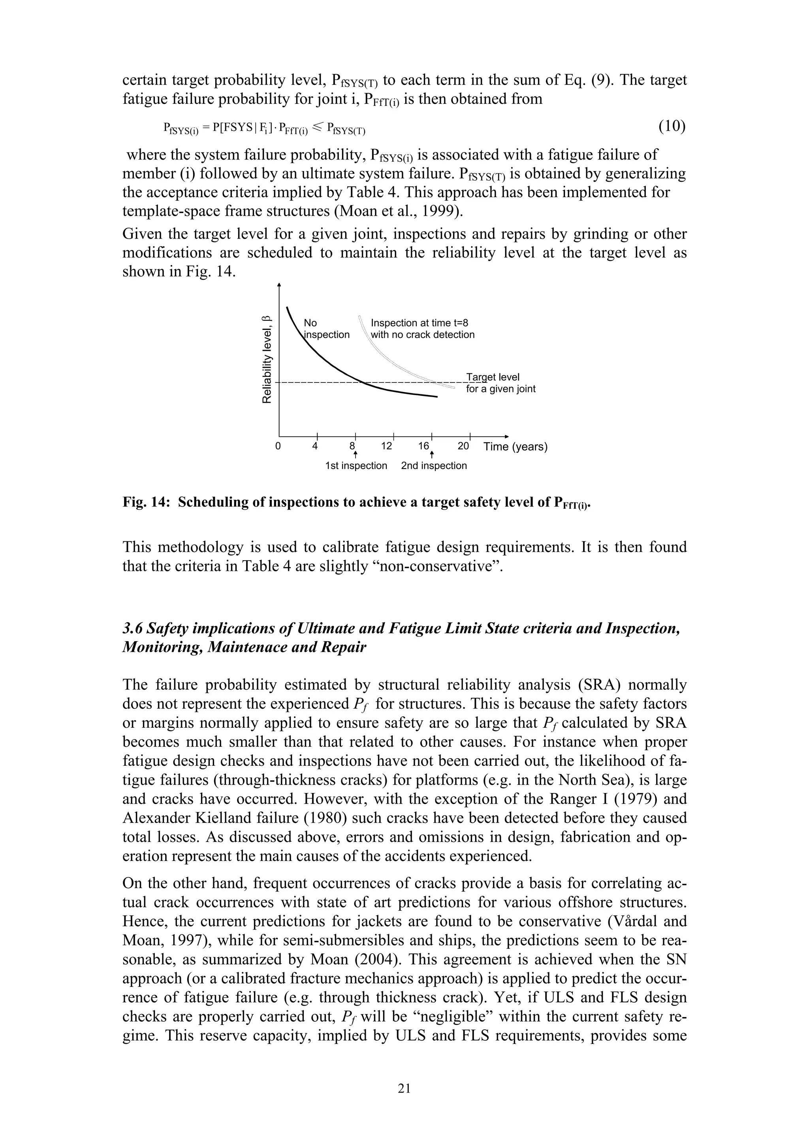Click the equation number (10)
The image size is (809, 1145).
pos(672,127)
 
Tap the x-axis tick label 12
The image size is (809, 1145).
pos(386,446)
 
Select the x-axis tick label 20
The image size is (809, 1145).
pos(463,446)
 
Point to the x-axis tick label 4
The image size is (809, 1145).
pos(314,446)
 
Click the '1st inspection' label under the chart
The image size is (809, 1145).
pos(356,466)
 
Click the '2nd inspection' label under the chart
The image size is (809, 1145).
pos(434,466)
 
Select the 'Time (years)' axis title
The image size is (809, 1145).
pos(515,446)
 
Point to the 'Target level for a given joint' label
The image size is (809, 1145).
pos(500,383)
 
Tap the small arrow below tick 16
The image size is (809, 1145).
pos(432,455)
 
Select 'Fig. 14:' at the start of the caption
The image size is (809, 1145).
pos(147,502)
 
